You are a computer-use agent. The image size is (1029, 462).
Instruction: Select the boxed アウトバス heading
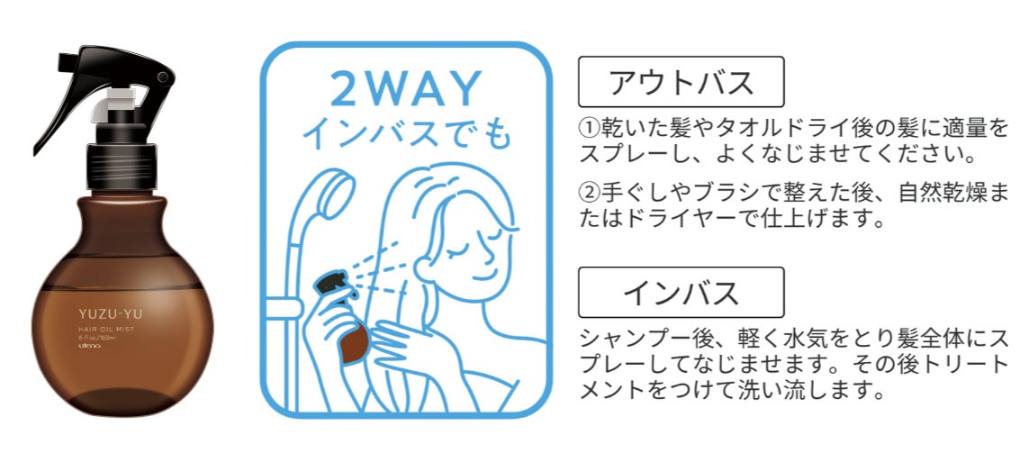click(681, 83)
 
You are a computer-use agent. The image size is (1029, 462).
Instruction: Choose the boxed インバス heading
click(681, 293)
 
